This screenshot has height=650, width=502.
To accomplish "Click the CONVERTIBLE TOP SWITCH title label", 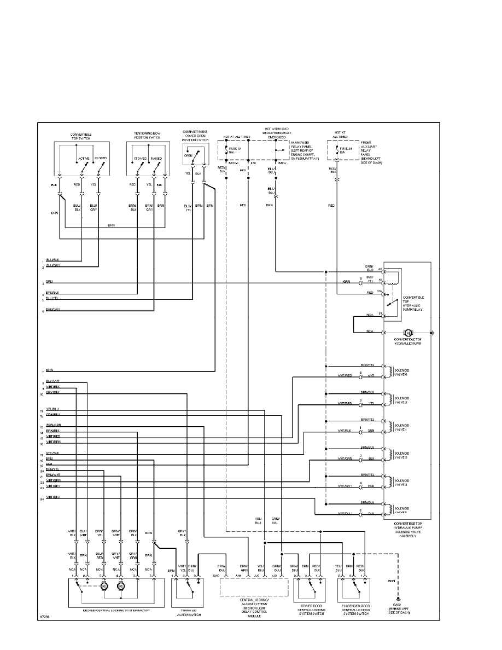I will pyautogui.click(x=81, y=136).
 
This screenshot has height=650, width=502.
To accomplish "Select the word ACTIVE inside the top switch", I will pyautogui.click(x=83, y=158).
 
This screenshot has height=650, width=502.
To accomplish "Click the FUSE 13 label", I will pyautogui.click(x=236, y=149).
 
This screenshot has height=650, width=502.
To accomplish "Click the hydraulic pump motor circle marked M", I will pyautogui.click(x=407, y=333).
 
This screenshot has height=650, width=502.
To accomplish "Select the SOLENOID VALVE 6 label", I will pyautogui.click(x=402, y=372).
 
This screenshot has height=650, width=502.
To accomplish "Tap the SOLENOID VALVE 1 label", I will pyautogui.click(x=402, y=427).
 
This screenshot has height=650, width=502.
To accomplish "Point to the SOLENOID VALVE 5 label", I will pyautogui.click(x=402, y=510).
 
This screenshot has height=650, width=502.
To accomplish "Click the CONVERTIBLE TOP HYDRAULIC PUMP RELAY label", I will pyautogui.click(x=413, y=304).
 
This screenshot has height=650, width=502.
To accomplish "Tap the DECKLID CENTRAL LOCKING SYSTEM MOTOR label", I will pyautogui.click(x=116, y=609).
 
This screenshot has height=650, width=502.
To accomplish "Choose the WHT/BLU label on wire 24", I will pyautogui.click(x=52, y=497).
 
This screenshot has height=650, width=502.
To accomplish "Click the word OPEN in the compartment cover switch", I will pyautogui.click(x=188, y=155).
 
